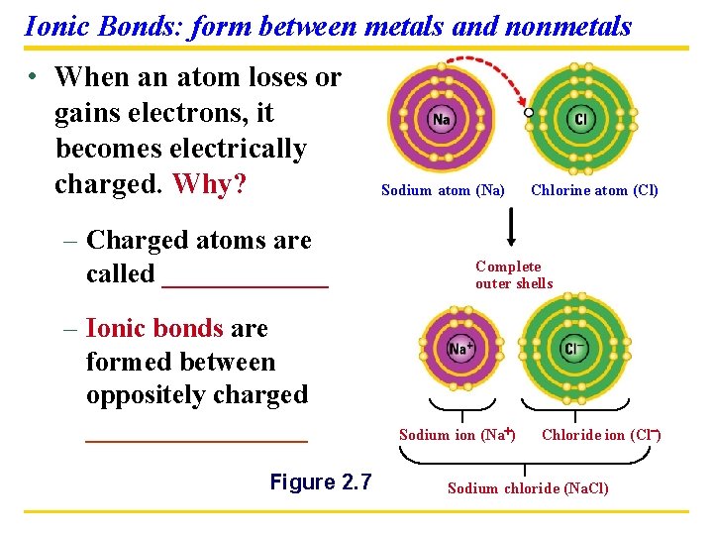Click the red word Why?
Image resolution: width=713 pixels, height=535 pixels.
[209, 185]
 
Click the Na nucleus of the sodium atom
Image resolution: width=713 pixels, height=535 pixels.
[442, 120]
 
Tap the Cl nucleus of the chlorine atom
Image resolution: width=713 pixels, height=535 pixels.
[580, 120]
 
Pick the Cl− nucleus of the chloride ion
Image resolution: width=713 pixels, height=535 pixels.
[574, 349]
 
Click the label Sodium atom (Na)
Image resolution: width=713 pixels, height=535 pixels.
[443, 190]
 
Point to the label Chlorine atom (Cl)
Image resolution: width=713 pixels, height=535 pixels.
[594, 190]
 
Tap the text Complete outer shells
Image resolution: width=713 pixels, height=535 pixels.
[513, 274]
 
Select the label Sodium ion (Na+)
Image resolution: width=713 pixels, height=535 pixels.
[457, 435]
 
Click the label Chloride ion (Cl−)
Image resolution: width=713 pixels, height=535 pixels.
[601, 435]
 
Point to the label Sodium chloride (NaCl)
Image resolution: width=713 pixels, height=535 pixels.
[528, 487]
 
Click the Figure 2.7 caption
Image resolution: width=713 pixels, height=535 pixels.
[321, 482]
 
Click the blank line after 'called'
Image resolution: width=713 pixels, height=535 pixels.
[245, 281]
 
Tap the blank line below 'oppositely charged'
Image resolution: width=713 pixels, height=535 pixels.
[197, 436]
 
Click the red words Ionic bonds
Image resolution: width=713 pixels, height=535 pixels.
[154, 328]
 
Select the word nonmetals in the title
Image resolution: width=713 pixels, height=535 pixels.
[567, 26]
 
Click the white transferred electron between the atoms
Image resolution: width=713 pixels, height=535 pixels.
[529, 112]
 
